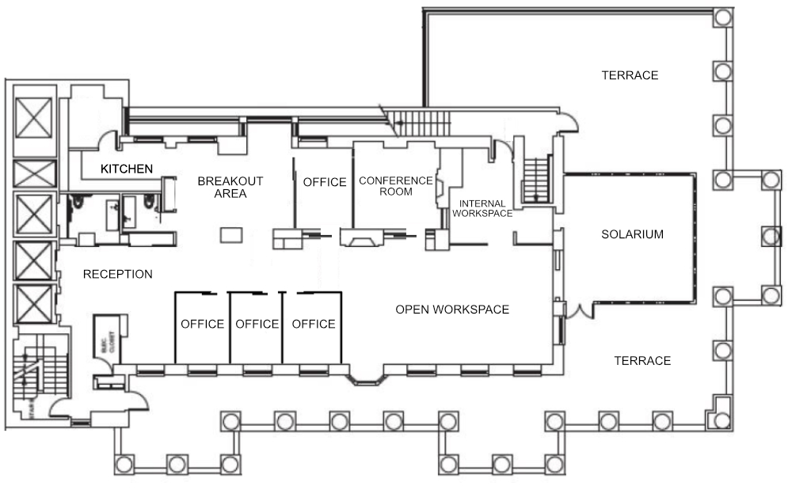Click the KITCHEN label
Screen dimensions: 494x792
pyautogui.click(x=126, y=169)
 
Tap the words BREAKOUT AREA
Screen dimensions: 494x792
pyautogui.click(x=230, y=187)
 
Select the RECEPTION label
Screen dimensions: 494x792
pyautogui.click(x=117, y=275)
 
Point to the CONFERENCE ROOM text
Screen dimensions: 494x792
pyautogui.click(x=396, y=186)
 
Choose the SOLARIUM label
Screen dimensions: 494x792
pyautogui.click(x=631, y=234)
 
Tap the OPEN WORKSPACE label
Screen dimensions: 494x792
pyautogui.click(x=451, y=310)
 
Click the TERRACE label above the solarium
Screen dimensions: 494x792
pyautogui.click(x=630, y=75)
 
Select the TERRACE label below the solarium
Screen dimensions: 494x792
pyautogui.click(x=642, y=361)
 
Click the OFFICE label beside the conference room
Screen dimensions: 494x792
pyautogui.click(x=325, y=182)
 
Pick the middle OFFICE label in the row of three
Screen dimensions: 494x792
pyautogui.click(x=257, y=324)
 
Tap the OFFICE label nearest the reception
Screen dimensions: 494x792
pyautogui.click(x=202, y=324)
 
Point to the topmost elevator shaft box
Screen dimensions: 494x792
pyautogui.click(x=33, y=120)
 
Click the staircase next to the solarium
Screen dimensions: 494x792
pyautogui.click(x=536, y=179)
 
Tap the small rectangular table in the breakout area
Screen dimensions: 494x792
pyautogui.click(x=230, y=236)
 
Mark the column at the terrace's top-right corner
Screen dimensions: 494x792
pyautogui.click(x=722, y=17)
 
